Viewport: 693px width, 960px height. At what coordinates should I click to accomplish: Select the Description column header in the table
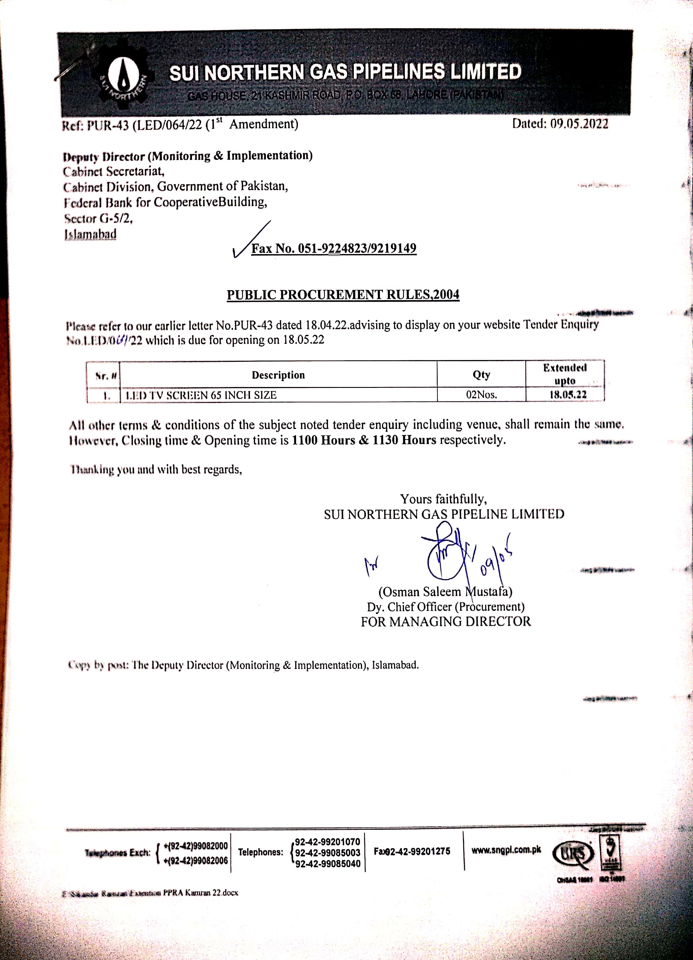pos(278,375)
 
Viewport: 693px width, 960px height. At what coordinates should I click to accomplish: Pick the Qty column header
pos(481,375)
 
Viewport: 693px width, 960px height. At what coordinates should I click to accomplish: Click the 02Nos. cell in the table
pos(481,395)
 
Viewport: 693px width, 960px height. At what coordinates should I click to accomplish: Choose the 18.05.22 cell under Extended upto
pos(568,395)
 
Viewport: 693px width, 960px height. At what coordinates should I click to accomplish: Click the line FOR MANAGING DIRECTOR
pos(446,622)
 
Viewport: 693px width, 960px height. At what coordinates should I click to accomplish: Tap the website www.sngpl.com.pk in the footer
pos(506,849)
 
